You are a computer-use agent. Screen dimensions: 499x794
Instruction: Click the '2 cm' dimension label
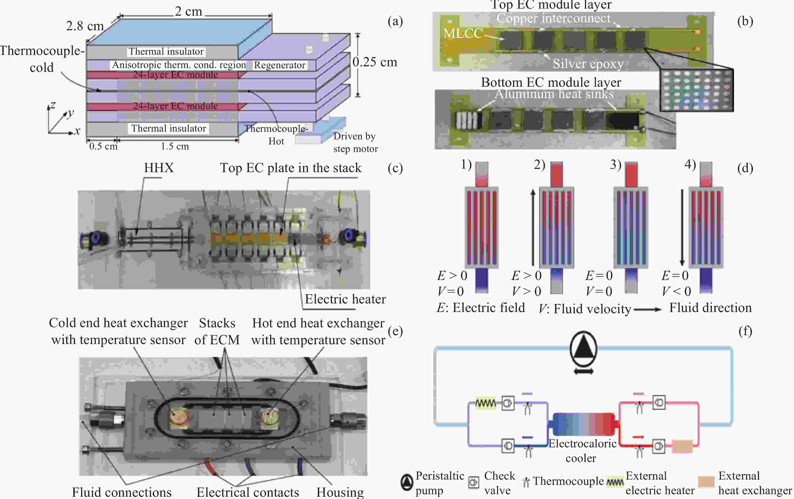pos(188,12)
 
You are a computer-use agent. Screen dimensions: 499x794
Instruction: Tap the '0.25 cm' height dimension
pos(375,62)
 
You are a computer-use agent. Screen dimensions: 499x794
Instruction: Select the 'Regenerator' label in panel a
pos(279,65)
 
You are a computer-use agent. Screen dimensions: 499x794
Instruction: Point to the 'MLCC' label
pos(463,33)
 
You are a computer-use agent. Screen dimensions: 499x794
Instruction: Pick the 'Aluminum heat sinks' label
pos(554,94)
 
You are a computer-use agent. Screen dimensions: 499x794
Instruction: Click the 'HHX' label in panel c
pos(159,168)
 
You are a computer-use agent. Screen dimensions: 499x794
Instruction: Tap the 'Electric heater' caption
pos(345,299)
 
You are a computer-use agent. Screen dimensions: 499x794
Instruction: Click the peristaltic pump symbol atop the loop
pos(583,349)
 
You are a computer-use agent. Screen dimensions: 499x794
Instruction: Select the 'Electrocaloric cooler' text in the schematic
pos(582,451)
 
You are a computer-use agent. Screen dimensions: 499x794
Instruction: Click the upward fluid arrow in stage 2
pos(533,227)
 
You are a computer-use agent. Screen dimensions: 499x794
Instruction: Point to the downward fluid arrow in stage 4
pos(682,227)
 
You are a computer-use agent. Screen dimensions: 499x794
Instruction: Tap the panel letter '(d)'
pos(745,168)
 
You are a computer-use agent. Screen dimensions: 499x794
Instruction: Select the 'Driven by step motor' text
pos(355,142)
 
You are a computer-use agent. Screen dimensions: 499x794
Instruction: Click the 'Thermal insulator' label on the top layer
pos(166,52)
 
